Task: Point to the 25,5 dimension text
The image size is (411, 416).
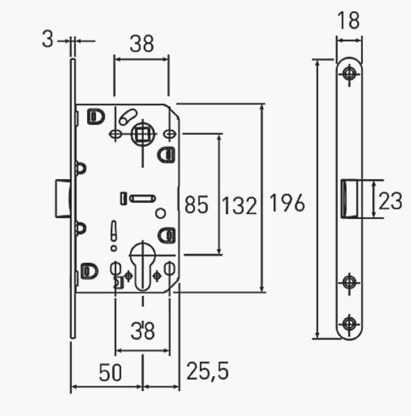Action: [x=208, y=371]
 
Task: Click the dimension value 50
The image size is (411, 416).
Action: [x=110, y=372]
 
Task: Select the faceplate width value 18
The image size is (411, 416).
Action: [x=349, y=20]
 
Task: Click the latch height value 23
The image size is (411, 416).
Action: [x=390, y=201]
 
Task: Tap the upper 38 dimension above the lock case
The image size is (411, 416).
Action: [x=141, y=44]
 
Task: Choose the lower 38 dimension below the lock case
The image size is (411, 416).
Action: [x=143, y=331]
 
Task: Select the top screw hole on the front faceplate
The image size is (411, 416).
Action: [x=349, y=74]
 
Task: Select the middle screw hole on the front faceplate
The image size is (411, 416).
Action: [x=349, y=281]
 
